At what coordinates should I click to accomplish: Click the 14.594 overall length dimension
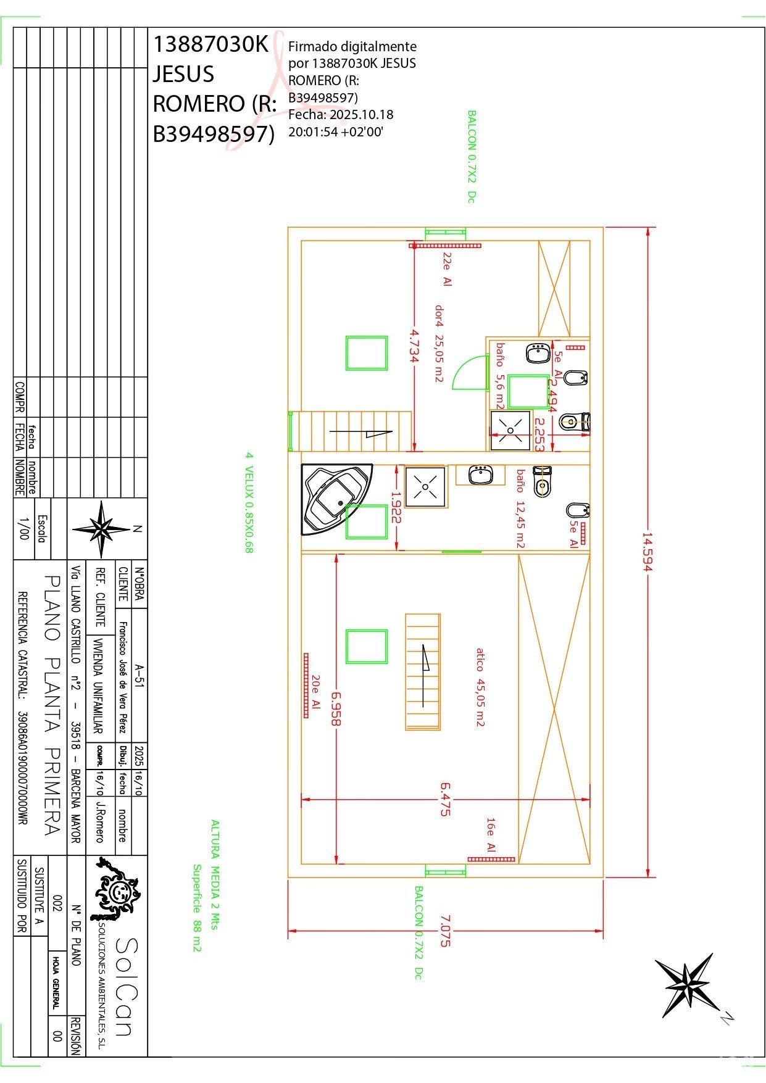(x=647, y=552)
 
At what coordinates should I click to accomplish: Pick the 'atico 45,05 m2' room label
(x=480, y=687)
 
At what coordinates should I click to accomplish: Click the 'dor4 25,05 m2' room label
(x=439, y=343)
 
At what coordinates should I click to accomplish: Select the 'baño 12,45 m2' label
(x=521, y=508)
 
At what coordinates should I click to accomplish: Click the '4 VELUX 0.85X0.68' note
(x=249, y=502)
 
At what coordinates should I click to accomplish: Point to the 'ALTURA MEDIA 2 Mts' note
(x=215, y=874)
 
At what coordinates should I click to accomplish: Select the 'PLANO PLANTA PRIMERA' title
(x=53, y=706)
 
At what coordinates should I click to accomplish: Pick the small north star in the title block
(x=102, y=529)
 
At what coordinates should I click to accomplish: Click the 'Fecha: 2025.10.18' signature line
(x=341, y=115)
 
